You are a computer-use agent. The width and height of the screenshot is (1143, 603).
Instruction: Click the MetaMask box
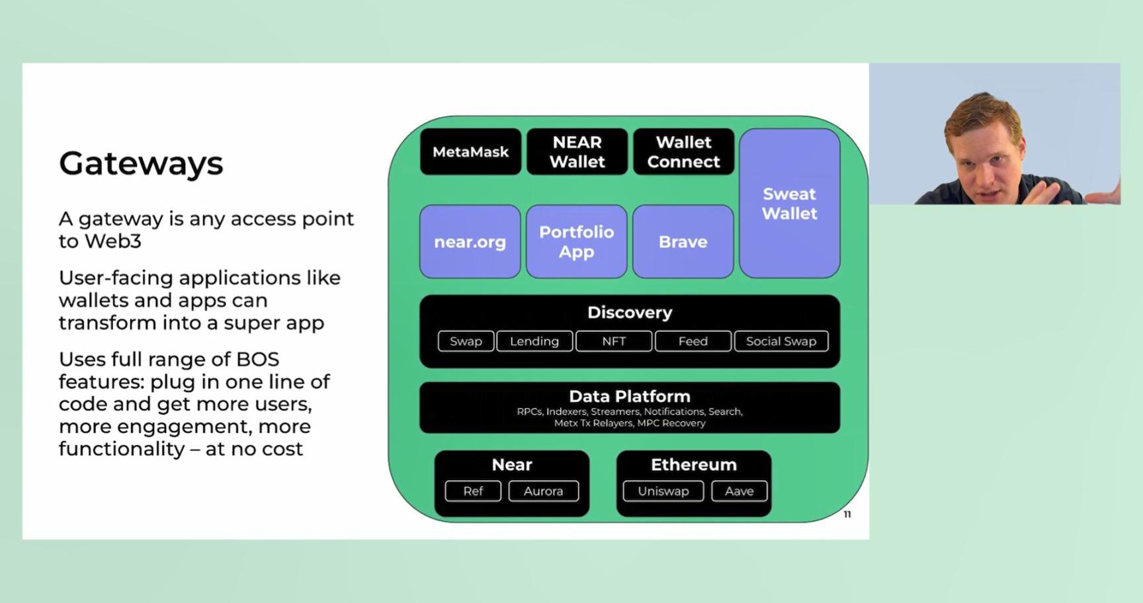(x=470, y=152)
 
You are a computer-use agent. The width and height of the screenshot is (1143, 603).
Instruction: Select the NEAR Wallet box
(x=577, y=152)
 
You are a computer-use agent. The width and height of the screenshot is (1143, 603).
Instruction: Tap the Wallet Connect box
(x=683, y=152)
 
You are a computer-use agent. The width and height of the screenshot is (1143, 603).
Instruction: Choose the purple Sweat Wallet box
(x=789, y=203)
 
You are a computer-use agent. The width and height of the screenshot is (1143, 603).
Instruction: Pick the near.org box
(x=470, y=242)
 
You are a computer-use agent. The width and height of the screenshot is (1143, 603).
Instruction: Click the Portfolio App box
(x=576, y=242)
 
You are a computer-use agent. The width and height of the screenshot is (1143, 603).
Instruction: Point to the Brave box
(x=683, y=242)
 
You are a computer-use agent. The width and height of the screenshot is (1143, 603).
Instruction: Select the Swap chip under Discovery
(x=466, y=341)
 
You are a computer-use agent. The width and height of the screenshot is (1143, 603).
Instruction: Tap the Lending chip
(x=534, y=341)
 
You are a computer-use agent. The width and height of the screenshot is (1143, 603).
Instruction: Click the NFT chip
(x=614, y=341)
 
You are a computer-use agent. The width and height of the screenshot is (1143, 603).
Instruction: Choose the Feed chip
(x=693, y=341)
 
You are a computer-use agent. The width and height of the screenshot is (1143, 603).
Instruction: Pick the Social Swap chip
(x=781, y=341)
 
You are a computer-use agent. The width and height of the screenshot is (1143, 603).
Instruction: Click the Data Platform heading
(x=630, y=396)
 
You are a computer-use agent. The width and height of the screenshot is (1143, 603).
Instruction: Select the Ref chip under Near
(x=473, y=491)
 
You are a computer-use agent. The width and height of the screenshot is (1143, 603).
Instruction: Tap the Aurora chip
(x=543, y=491)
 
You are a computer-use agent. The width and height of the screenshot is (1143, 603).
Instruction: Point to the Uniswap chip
(x=663, y=491)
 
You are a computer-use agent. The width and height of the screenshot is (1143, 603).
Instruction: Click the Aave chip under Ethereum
(x=739, y=491)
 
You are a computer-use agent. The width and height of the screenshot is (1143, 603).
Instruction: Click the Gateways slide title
(x=141, y=163)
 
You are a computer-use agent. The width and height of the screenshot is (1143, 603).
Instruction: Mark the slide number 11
(x=847, y=514)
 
